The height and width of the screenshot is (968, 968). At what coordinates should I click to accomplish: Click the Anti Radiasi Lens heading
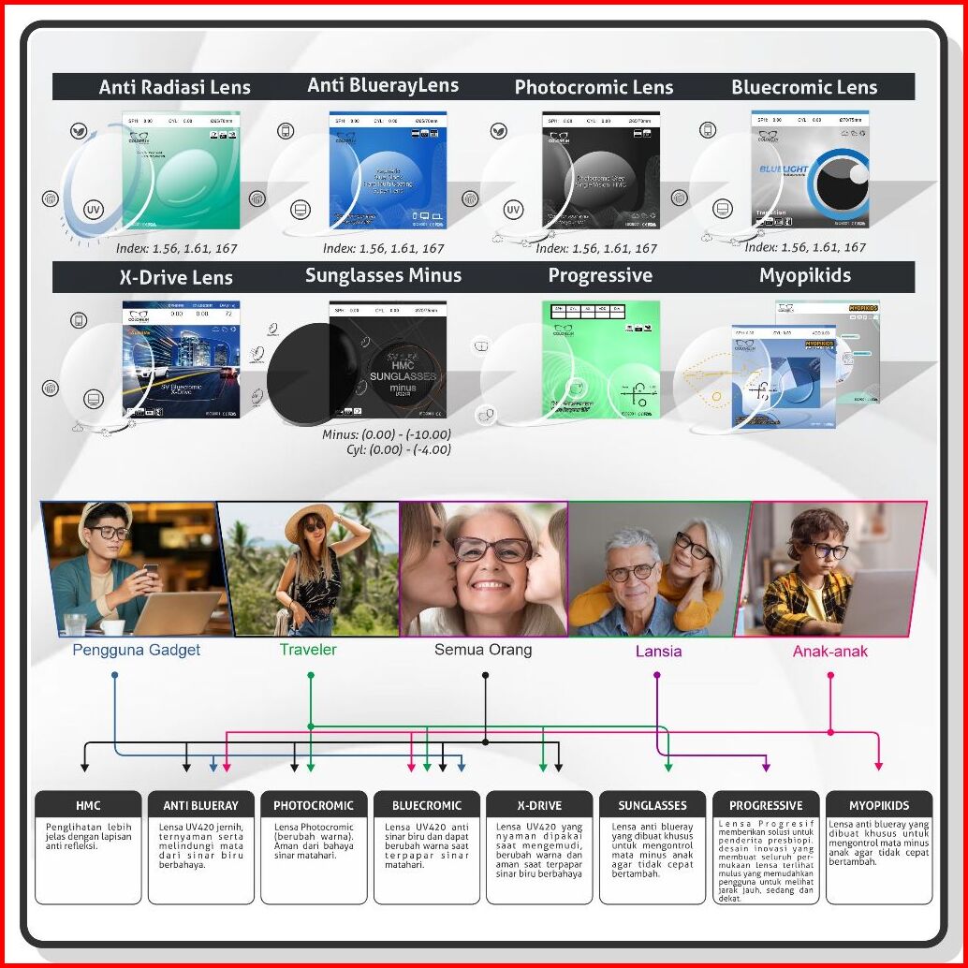(175, 88)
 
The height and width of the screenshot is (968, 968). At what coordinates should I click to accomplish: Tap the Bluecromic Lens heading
(804, 88)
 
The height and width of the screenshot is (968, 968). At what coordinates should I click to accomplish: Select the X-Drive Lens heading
(176, 278)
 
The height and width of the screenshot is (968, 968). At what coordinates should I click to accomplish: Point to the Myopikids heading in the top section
(805, 276)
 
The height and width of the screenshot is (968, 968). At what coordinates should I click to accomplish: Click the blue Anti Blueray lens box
(388, 170)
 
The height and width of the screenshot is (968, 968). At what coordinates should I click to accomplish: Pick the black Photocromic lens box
(600, 170)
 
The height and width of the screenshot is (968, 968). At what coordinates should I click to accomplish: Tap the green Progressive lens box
(600, 359)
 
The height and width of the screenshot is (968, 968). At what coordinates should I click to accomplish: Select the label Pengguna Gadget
(137, 650)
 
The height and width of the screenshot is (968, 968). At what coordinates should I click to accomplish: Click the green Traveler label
(308, 649)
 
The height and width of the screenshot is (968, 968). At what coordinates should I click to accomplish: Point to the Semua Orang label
(483, 650)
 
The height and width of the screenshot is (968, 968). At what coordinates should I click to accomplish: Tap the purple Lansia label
(658, 651)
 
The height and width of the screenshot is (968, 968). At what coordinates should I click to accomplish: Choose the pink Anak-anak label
(830, 651)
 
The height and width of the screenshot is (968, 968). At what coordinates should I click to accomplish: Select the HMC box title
(88, 805)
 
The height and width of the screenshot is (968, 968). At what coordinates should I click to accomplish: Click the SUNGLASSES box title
(653, 805)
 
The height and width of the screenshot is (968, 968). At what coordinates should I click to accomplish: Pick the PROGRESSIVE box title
(766, 805)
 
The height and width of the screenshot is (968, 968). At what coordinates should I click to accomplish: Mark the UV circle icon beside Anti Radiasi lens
(93, 209)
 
